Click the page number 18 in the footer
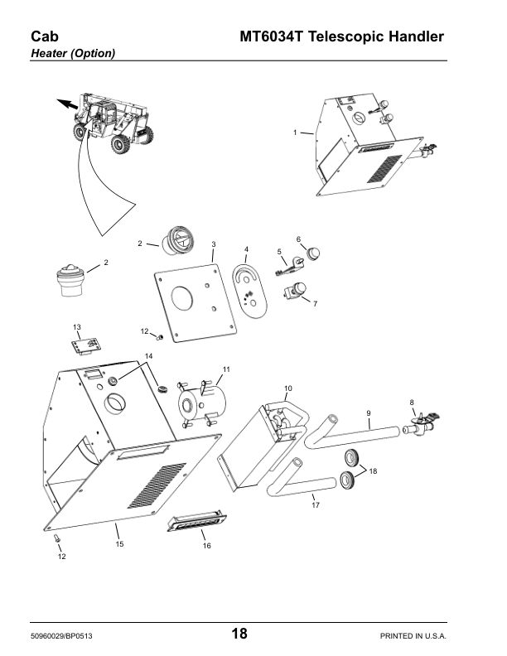(x=239, y=634)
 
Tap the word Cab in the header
(x=42, y=36)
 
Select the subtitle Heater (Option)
(x=72, y=54)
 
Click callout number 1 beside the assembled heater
(x=295, y=133)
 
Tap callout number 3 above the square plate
(x=214, y=244)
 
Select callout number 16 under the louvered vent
(x=207, y=546)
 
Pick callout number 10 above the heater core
(x=288, y=388)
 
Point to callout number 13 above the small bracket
(x=77, y=326)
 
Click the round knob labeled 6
(x=313, y=253)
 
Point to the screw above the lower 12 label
(x=57, y=539)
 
